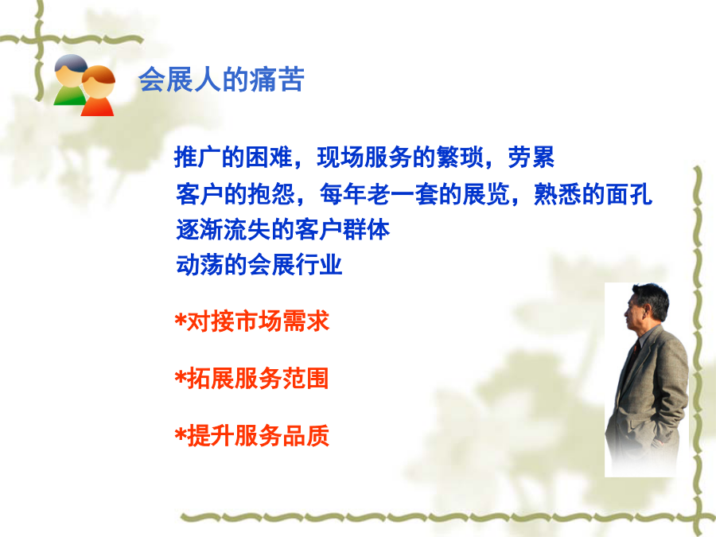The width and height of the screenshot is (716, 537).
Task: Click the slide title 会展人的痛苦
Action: pos(221,80)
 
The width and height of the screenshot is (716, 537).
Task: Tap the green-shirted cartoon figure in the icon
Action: pos(70,80)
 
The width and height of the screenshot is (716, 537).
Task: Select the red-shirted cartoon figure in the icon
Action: pos(98,91)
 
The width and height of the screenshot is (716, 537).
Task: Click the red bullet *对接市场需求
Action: pos(251,321)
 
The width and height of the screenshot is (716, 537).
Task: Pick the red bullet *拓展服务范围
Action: pos(251,379)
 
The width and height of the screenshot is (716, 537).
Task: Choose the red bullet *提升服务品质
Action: pos(251,436)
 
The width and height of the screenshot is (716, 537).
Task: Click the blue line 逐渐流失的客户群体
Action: pos(282,229)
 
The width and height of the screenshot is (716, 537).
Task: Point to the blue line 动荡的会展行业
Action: pos(259,265)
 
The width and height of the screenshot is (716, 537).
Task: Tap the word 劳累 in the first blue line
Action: pos(531,158)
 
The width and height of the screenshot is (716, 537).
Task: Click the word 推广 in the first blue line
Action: pos(198,158)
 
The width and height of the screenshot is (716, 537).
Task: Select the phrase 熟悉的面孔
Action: pos(593,194)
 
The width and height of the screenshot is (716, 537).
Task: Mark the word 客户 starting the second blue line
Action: pos(200,194)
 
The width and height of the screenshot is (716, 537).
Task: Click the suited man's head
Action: pos(647,307)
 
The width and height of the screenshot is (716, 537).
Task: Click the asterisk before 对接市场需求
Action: pos(181,320)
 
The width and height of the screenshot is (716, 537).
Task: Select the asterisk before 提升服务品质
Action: pos(181,434)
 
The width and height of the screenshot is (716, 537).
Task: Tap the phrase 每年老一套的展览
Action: pos(414,194)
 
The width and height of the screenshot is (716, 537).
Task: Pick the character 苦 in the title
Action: pos(291,80)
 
